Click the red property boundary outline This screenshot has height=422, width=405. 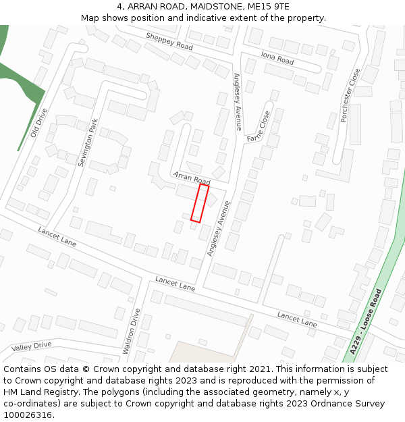[199, 203]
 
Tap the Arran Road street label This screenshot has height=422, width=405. [192, 178]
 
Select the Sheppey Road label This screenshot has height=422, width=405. [169, 42]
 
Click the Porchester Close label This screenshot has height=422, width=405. [350, 95]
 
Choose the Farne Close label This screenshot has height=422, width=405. [259, 126]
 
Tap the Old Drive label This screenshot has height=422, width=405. [39, 123]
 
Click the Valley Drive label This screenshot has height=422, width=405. [31, 346]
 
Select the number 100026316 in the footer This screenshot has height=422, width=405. [28, 415]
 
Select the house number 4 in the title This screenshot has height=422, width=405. [129, 6]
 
